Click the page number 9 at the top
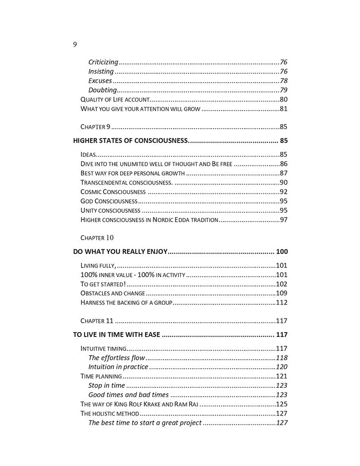tap(75, 45)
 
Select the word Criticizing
tap(103, 62)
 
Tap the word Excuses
tap(100, 81)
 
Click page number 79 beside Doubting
tap(283, 90)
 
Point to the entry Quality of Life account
tap(115, 99)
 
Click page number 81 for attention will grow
tap(283, 109)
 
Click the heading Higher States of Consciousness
tap(130, 140)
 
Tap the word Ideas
tap(88, 154)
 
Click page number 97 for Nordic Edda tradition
tap(283, 219)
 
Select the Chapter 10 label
tap(97, 237)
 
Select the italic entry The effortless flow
tap(117, 357)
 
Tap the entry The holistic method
tap(109, 413)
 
